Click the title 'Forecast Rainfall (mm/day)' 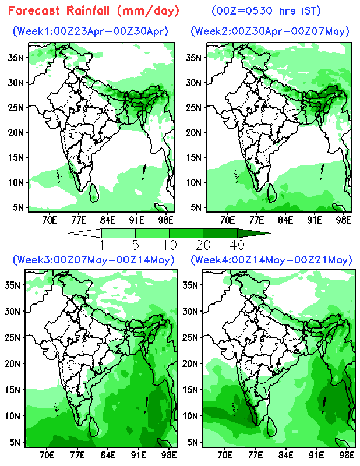click(x=94, y=11)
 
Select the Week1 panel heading click(x=94, y=31)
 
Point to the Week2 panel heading click(x=270, y=31)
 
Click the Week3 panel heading click(x=96, y=259)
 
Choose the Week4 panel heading click(x=271, y=259)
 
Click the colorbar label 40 click(x=237, y=243)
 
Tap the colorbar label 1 click(x=102, y=243)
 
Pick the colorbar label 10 click(x=169, y=243)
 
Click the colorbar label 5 click(x=136, y=243)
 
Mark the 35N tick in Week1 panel click(x=16, y=58)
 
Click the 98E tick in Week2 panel click(x=344, y=220)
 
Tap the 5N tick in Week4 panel click(x=190, y=442)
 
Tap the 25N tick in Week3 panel click(x=13, y=337)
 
